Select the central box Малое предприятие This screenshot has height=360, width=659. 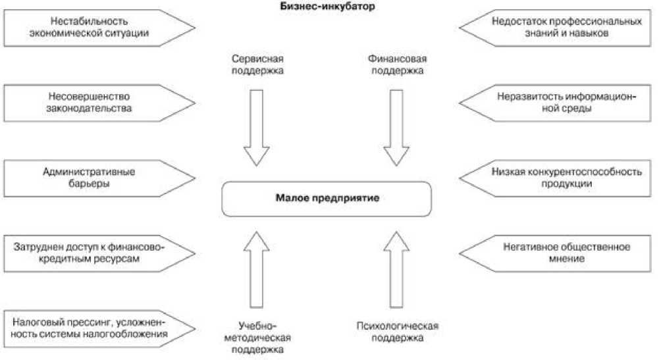tap(327, 198)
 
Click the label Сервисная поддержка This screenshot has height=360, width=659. tap(257, 64)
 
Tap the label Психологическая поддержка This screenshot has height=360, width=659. tap(396, 332)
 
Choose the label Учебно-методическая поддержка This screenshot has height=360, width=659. tap(257, 337)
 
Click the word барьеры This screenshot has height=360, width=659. tap(88, 184)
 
